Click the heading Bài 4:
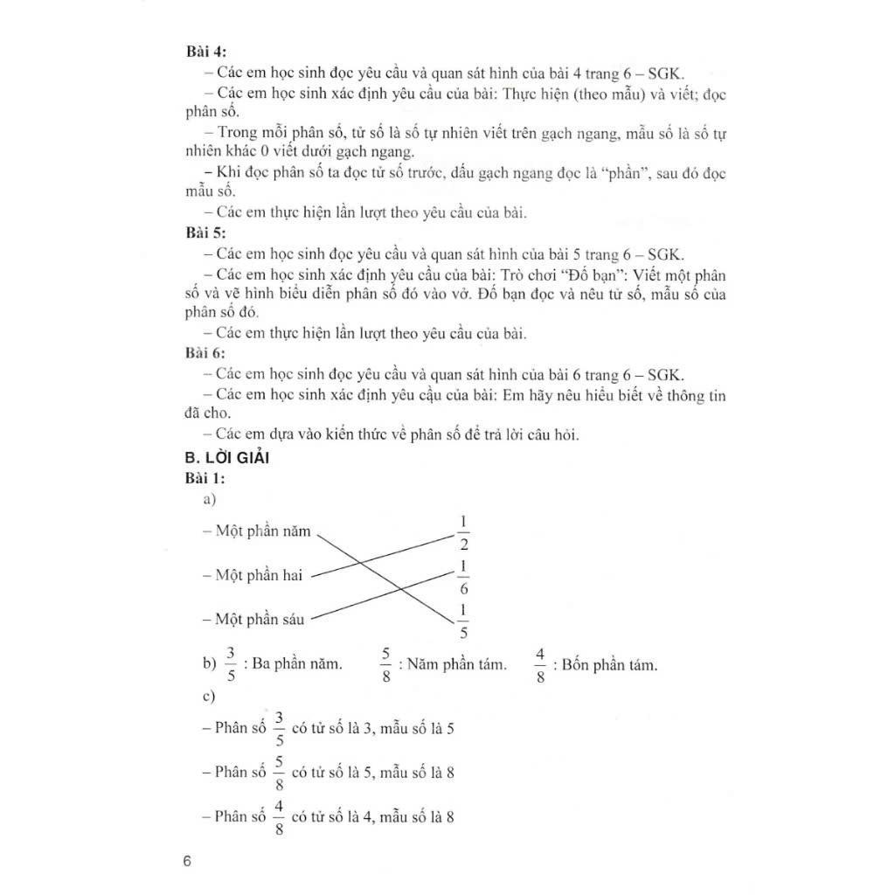[206, 52]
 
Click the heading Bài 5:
[206, 233]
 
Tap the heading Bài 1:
[206, 478]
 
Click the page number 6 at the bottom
[187, 861]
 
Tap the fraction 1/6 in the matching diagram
[463, 578]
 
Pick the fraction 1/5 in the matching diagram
[463, 621]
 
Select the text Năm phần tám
[455, 665]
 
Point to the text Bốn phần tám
[609, 665]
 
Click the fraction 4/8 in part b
[540, 665]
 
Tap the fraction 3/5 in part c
[279, 727]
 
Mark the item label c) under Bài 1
[208, 697]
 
